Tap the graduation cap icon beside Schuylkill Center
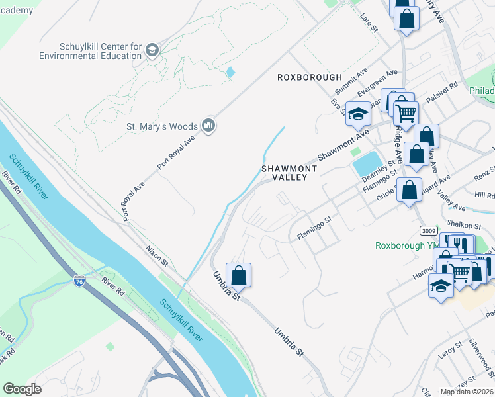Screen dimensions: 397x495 coord(152,50)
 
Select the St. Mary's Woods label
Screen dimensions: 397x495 coord(162,126)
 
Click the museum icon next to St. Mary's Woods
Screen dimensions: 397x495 coord(209,126)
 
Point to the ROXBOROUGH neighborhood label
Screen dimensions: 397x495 coord(310,77)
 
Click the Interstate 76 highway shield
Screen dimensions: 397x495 coord(79,280)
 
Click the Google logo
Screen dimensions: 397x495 coord(22,389)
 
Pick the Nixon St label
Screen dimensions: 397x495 coord(157,255)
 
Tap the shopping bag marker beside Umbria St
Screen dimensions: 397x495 coord(238,275)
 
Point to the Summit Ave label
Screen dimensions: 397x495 coord(351,81)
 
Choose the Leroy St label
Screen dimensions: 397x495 coord(450,349)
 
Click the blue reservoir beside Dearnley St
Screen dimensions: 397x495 coord(367,163)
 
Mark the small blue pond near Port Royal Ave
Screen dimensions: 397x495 coord(230,71)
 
